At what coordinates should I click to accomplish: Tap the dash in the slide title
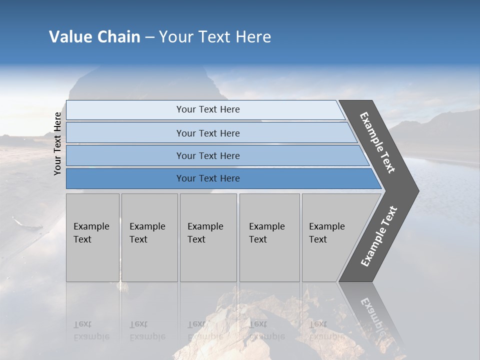150,37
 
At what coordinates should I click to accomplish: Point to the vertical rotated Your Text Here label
57,143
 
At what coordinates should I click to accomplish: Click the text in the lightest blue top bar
208,109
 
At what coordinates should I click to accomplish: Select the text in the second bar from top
208,133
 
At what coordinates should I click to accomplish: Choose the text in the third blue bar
208,156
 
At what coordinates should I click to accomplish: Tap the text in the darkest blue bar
208,178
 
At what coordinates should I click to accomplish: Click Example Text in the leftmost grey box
91,233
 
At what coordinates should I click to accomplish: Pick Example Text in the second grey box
147,233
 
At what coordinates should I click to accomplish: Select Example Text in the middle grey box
205,233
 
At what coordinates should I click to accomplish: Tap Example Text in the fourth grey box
266,233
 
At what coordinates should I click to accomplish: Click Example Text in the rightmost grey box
326,233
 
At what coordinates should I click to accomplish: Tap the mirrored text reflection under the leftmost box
91,330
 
